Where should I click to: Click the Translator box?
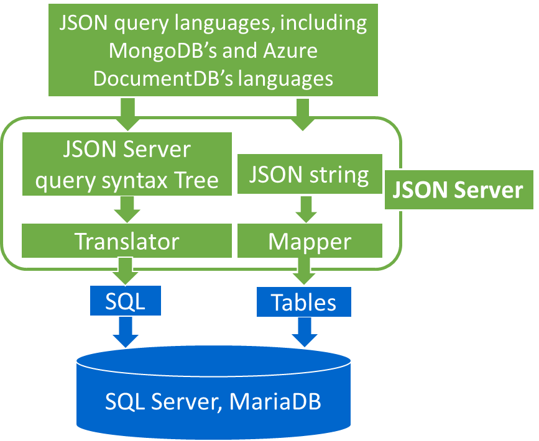click(x=127, y=241)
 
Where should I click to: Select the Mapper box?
click(x=310, y=241)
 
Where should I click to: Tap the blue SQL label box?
click(x=126, y=301)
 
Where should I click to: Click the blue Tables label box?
click(x=304, y=302)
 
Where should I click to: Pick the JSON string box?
click(x=310, y=175)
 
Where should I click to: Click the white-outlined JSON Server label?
click(x=459, y=190)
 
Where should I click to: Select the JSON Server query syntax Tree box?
click(x=127, y=164)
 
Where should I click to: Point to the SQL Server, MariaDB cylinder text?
click(x=213, y=401)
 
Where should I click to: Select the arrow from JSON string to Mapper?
click(x=305, y=209)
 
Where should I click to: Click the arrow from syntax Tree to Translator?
click(x=127, y=209)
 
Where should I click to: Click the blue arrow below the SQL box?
click(x=126, y=331)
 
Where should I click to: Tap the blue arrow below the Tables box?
click(x=304, y=331)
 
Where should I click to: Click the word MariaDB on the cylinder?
click(x=275, y=401)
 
